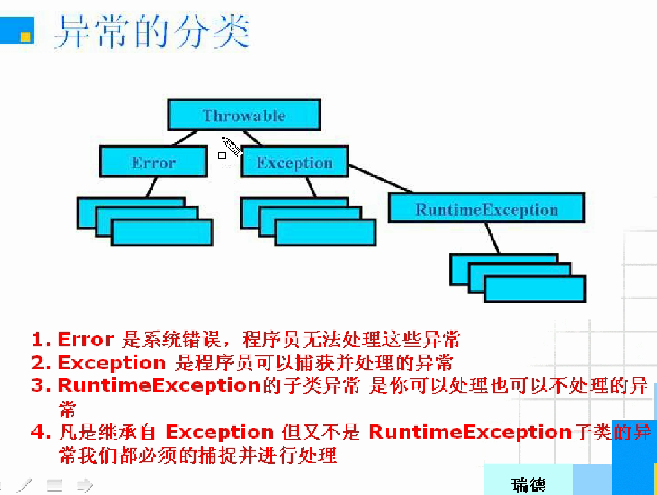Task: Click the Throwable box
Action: pos(244,115)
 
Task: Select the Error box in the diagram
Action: pos(153,163)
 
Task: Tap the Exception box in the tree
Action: pos(295,163)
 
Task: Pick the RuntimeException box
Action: pos(486,209)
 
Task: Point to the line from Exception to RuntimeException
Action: pos(380,179)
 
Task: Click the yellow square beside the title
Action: pos(25,36)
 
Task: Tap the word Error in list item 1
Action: pos(86,339)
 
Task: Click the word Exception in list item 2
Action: pos(112,362)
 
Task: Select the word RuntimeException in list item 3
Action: pos(158,385)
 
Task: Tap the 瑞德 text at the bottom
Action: pos(528,485)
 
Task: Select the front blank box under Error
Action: pos(162,233)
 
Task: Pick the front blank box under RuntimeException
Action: pos(535,288)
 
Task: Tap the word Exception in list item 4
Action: pos(220,433)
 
